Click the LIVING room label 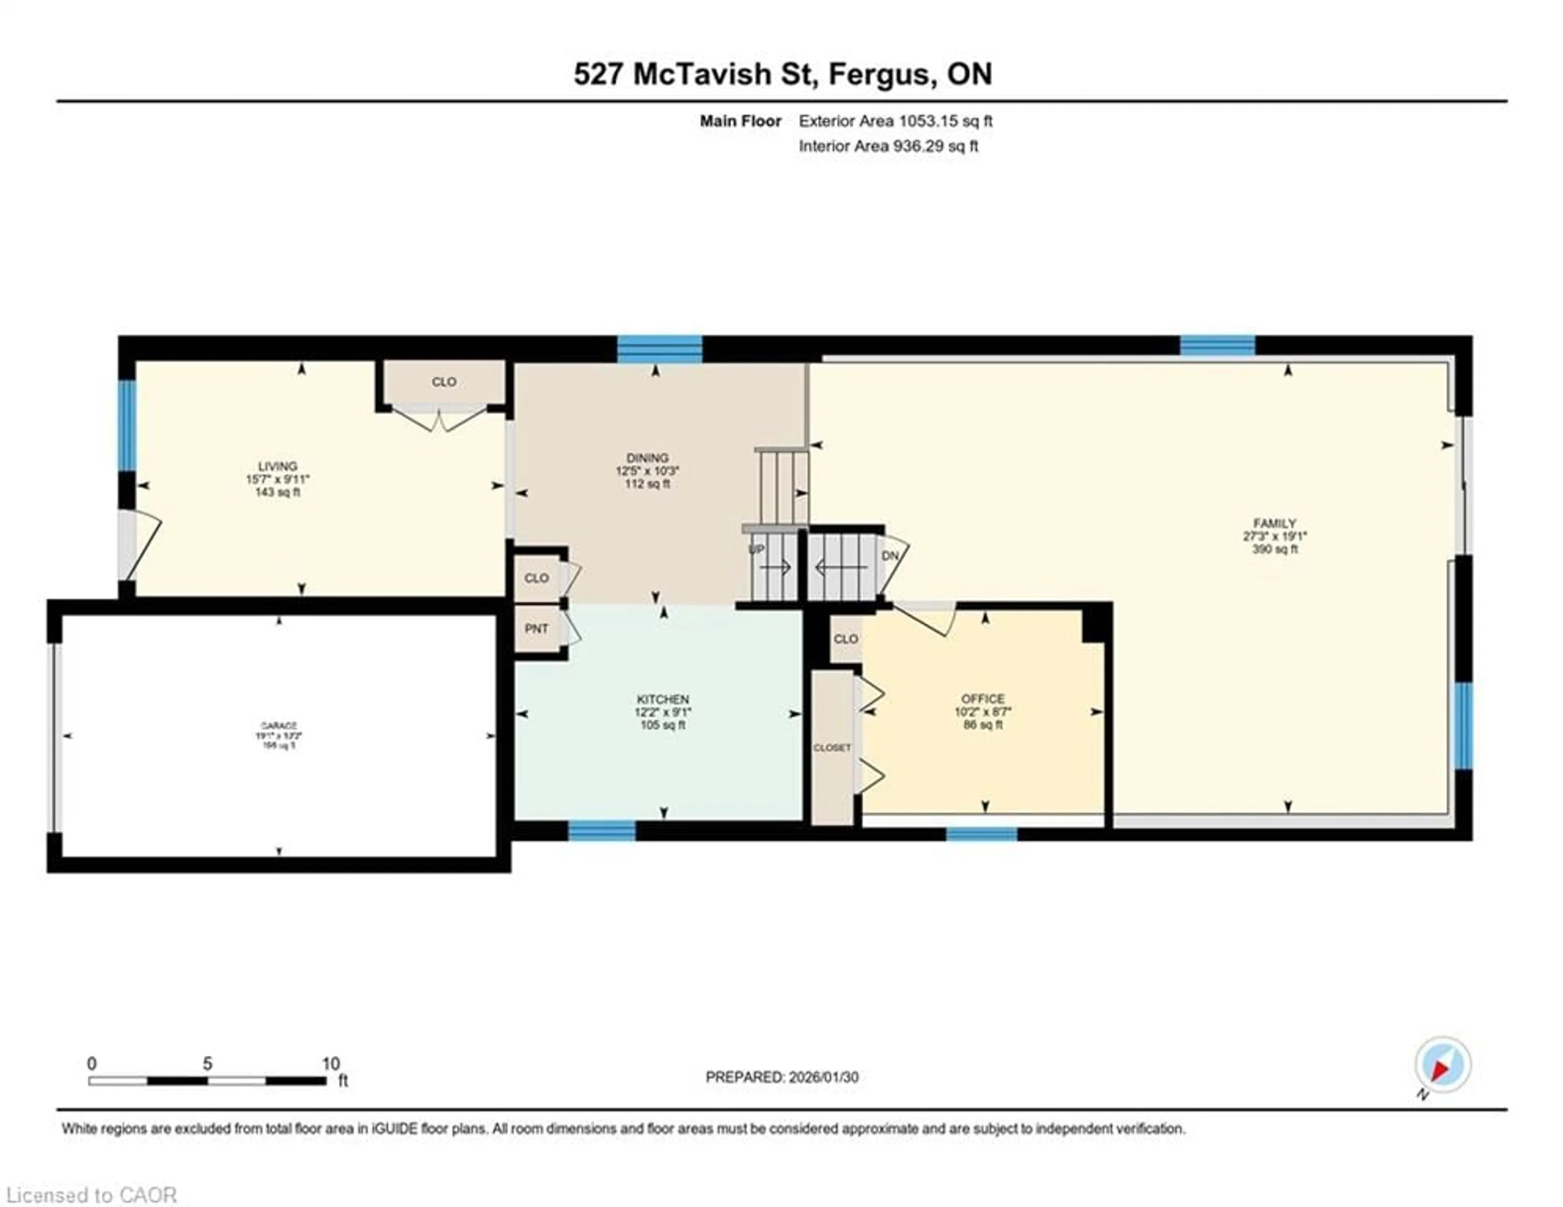click(278, 466)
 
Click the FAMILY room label click(1274, 523)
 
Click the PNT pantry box click(537, 629)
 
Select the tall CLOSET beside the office click(832, 747)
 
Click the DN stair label click(889, 555)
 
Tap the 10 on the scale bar click(331, 1064)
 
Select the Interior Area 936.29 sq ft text click(888, 147)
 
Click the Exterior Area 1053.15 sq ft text click(895, 121)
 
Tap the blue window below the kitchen click(601, 830)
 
